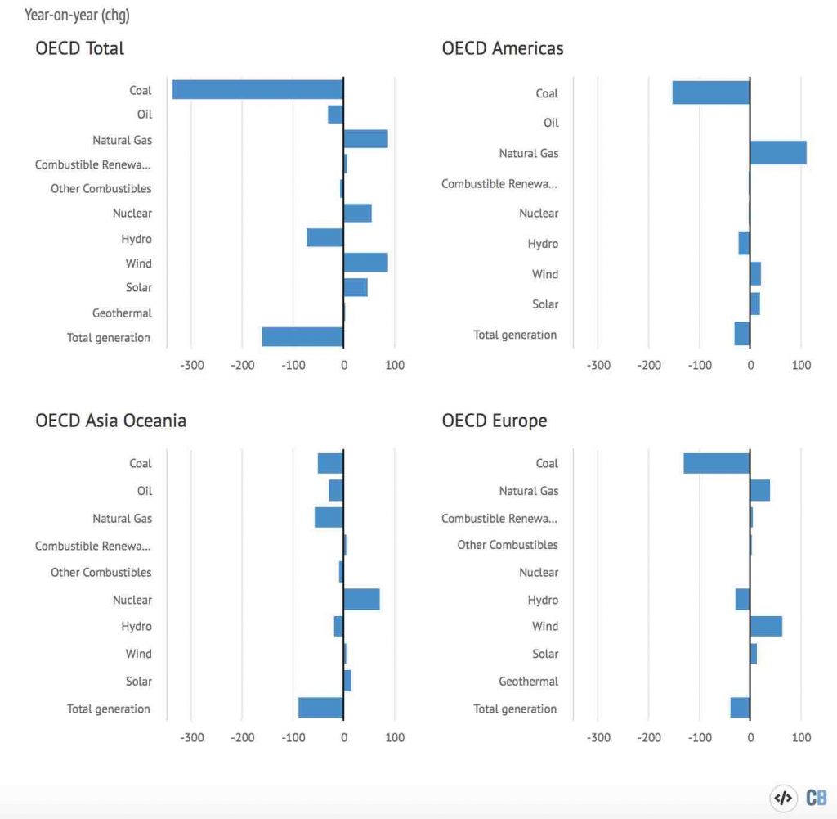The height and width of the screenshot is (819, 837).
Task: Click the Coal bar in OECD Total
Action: click(x=257, y=89)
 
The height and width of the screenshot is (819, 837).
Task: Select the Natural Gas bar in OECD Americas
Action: click(x=777, y=153)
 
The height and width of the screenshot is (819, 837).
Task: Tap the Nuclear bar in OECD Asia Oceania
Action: click(x=361, y=600)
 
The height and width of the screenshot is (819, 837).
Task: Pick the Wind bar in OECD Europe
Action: click(x=766, y=626)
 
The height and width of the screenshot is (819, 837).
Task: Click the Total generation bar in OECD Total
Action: click(x=302, y=337)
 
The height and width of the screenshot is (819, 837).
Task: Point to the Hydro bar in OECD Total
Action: click(x=325, y=238)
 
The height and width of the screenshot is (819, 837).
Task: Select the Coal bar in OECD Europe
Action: click(x=717, y=463)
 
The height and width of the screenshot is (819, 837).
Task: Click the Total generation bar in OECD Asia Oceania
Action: click(x=320, y=708)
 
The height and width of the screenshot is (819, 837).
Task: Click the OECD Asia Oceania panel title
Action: click(x=110, y=421)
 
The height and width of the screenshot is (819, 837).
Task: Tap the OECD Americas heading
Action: click(x=502, y=48)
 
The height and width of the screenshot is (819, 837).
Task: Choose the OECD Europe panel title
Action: click(x=494, y=421)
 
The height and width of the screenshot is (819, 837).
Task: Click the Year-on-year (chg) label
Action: click(x=77, y=15)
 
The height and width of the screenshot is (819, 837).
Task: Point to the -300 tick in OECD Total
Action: click(x=191, y=366)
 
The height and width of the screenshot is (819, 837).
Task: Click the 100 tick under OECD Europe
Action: click(x=802, y=737)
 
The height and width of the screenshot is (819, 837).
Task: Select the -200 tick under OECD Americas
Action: click(x=649, y=366)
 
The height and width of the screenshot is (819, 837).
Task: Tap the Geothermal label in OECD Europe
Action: click(x=528, y=681)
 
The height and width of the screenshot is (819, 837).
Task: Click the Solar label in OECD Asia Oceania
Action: click(x=138, y=681)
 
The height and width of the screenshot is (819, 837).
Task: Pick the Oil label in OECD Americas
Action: click(x=551, y=123)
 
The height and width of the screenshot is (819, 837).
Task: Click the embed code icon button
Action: click(x=782, y=798)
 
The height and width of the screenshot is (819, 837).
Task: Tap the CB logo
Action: click(x=816, y=798)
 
